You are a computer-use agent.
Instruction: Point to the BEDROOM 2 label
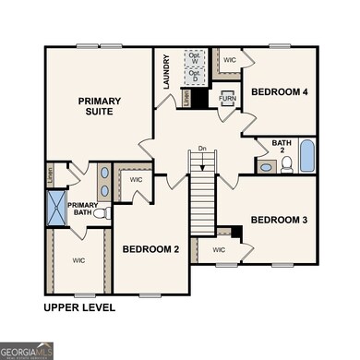click(x=150, y=249)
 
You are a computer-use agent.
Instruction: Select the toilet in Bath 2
click(x=286, y=164)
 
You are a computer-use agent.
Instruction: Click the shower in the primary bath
click(x=56, y=205)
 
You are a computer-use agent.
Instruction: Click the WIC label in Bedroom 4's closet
click(x=230, y=60)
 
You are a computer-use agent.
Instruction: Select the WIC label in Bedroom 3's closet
click(x=219, y=249)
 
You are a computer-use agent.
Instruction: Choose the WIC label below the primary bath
click(x=78, y=260)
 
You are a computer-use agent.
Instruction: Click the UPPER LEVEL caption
click(x=79, y=307)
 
